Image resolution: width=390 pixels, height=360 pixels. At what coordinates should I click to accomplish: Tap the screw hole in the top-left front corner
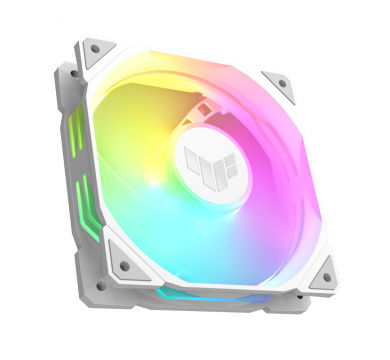pyautogui.click(x=96, y=46)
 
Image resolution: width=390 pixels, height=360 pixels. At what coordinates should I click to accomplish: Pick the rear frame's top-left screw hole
pyautogui.click(x=71, y=72)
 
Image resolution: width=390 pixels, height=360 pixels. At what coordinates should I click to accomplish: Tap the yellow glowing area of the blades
pyautogui.click(x=140, y=130)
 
